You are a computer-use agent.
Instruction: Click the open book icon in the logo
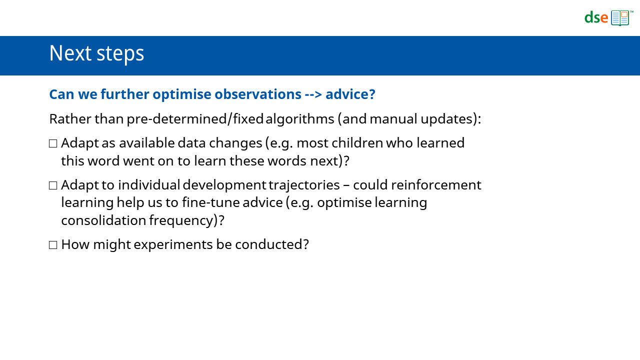point(620,18)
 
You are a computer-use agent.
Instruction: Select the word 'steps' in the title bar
point(120,54)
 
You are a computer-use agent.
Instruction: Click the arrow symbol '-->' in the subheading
point(313,94)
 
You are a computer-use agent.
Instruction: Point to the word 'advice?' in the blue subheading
point(350,94)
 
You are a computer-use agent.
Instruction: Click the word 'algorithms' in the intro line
point(299,119)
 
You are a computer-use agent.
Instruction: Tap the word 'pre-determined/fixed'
point(195,119)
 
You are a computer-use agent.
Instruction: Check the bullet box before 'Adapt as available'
point(53,143)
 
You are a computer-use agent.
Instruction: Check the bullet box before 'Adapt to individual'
point(53,185)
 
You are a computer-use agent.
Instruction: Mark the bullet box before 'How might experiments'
point(53,245)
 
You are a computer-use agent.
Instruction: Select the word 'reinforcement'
point(436,185)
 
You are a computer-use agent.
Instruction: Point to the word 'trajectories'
point(304,185)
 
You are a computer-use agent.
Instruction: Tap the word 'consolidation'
point(103,220)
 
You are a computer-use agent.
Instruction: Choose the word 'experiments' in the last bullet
point(173,245)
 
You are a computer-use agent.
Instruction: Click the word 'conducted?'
point(272,244)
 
